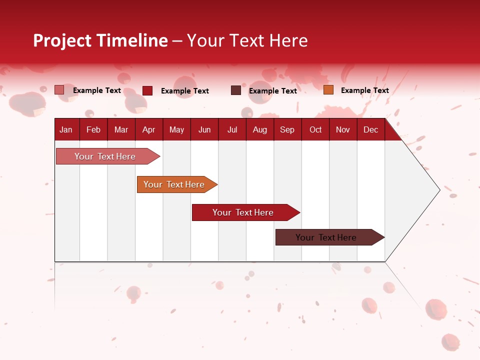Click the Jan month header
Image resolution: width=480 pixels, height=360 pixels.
(66, 130)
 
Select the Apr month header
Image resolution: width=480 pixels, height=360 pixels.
(148, 130)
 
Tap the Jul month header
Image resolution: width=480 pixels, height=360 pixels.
(232, 130)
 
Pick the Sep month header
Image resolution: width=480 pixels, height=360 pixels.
(287, 130)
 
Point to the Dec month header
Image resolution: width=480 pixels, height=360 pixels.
(370, 130)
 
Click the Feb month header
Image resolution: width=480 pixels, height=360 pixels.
(93, 130)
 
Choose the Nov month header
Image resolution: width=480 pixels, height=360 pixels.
(342, 130)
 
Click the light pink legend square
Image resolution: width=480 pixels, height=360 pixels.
(59, 90)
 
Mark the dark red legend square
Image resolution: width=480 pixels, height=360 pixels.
(147, 90)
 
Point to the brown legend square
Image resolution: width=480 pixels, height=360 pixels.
(236, 90)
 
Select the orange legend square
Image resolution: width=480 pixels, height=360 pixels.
(328, 90)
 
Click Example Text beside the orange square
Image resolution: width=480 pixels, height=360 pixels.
(364, 90)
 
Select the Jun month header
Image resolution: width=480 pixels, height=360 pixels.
(204, 130)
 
